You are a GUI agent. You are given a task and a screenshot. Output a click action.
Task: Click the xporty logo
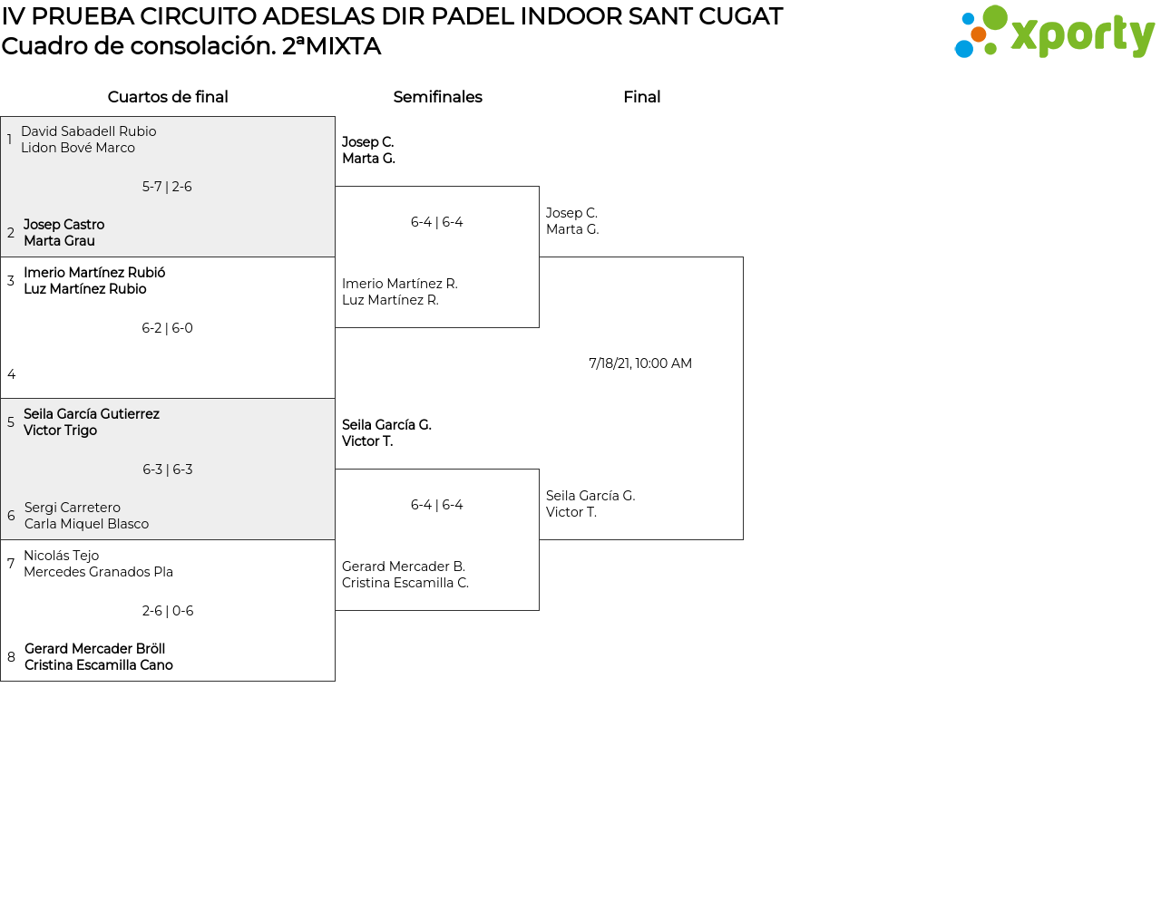point(1054,33)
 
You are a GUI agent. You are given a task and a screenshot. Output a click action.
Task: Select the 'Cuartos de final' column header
point(168,97)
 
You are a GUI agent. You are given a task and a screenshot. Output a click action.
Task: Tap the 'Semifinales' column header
point(437,97)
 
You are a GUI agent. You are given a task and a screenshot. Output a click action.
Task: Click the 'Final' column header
point(641,97)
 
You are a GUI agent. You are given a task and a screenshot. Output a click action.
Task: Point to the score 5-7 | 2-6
point(167,187)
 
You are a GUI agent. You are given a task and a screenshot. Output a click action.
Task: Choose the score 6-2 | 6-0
point(167,328)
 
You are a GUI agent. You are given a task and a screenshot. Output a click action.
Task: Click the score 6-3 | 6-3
point(167,470)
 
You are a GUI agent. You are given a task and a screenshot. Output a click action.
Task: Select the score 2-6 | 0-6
point(167,611)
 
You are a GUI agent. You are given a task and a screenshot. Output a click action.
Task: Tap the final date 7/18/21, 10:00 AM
point(640,363)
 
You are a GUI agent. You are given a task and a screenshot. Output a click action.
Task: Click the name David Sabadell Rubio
point(89,131)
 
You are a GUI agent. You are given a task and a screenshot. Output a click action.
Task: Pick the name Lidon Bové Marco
point(78,148)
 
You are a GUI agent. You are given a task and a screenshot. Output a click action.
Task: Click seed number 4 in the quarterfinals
point(12,374)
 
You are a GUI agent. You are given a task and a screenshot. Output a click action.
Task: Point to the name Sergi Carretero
point(73,508)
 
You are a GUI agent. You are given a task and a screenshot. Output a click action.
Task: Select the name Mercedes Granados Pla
point(98,572)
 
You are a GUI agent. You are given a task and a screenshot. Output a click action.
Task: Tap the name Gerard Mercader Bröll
point(94,649)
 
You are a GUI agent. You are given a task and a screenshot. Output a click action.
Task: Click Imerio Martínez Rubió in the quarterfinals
point(94,273)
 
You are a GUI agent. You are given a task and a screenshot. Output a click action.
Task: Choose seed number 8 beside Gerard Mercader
point(12,657)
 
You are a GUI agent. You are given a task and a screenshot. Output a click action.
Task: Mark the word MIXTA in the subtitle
point(343,46)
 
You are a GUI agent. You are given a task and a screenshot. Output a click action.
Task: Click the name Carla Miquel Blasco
point(86,524)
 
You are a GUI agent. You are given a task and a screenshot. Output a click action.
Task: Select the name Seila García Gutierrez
point(92,414)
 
